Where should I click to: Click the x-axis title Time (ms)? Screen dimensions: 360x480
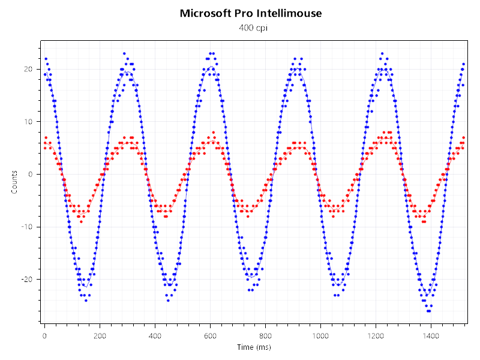(x=253, y=347)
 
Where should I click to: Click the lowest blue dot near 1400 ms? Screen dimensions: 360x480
(x=428, y=311)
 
